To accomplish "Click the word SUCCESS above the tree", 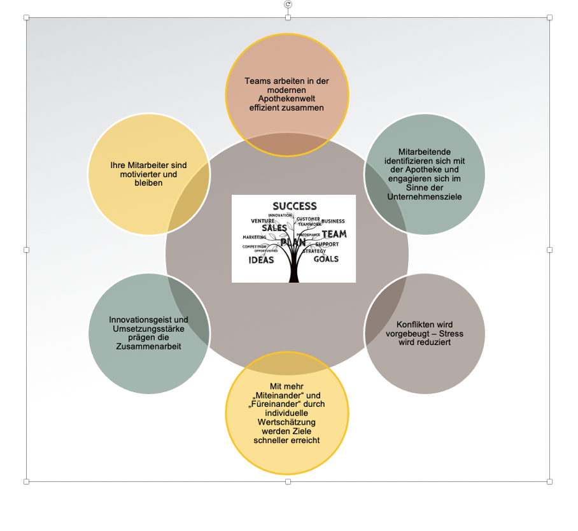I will pos(294,206).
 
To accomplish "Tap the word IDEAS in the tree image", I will pos(261,260).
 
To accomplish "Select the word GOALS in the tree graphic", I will pos(326,259).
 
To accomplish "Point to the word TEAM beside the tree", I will pos(334,234).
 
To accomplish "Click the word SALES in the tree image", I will pos(274,228).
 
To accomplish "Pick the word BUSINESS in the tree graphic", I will pos(333,221).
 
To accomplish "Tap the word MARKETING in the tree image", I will pos(255,237).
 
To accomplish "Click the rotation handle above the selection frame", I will pos(288,4).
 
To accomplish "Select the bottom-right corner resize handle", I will pos(549,481).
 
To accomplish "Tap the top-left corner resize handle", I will pos(27,17).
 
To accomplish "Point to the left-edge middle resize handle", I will pos(27,250).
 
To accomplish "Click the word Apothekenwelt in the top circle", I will pos(286,99).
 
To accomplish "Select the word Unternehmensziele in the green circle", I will pos(425,197).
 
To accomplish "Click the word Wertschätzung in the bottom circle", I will pos(286,421).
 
